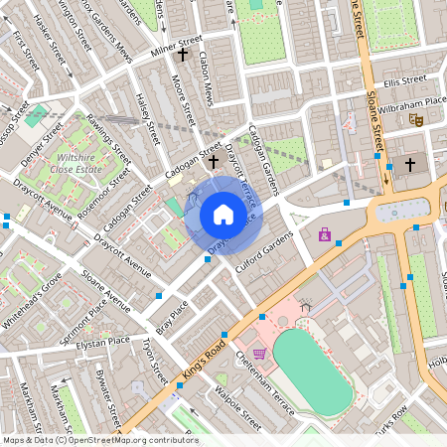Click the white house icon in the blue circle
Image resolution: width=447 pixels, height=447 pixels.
(223, 215)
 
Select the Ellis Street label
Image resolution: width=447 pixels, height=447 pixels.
(404, 80)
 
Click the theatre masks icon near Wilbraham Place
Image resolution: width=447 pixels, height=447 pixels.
(416, 119)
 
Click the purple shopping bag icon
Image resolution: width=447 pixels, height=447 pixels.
(324, 234)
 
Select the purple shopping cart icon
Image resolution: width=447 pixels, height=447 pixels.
(260, 353)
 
